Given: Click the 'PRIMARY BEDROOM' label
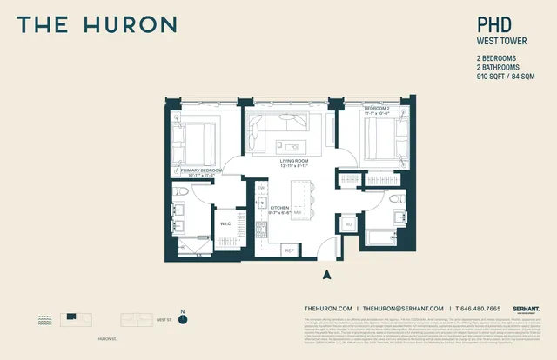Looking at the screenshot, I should point(202,170).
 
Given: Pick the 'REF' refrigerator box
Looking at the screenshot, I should point(290,250).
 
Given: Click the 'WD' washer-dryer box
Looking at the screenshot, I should point(348,225).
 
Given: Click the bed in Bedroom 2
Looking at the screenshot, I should point(379,137).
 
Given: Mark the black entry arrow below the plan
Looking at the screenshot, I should point(327,275).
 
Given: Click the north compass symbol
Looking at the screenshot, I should point(183,319).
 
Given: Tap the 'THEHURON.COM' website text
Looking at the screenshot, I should point(328,309).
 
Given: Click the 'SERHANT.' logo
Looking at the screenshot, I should point(526,308).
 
